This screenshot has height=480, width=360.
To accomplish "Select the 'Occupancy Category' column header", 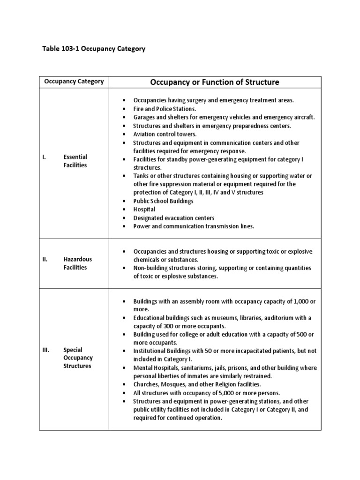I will coord(74,82).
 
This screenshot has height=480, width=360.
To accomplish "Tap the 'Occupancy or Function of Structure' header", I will coord(215,82).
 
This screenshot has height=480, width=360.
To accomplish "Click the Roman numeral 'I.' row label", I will coord(44,157).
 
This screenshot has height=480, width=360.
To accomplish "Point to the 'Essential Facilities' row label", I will coord(75,161).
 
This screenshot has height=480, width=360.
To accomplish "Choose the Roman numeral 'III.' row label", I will coord(45,350).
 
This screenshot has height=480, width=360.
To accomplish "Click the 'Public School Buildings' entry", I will coord(163,201).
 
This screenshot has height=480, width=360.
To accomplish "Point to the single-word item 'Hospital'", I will coord(144,210).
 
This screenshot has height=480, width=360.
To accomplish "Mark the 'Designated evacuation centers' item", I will coord(174,218).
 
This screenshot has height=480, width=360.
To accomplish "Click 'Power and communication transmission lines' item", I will coord(194,226).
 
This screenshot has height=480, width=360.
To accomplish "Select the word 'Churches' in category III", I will coord(146,385).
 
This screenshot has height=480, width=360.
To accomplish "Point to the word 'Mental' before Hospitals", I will coord(142,368).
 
